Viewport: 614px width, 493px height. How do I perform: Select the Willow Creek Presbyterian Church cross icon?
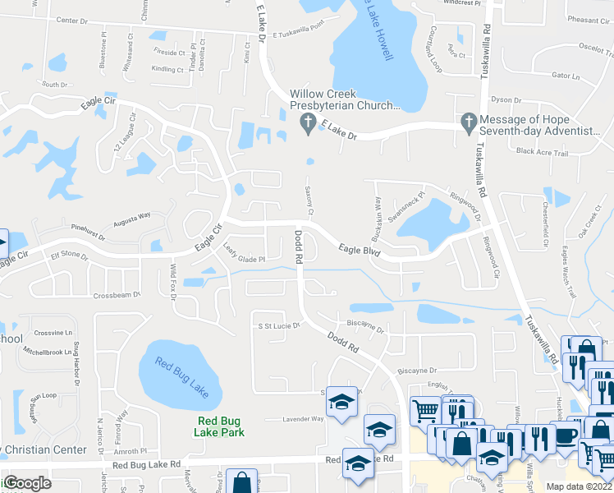click(x=307, y=123)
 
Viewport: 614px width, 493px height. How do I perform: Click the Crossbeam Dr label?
click(x=117, y=294)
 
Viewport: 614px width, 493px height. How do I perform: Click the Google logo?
click(x=27, y=483)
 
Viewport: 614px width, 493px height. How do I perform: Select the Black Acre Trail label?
click(x=542, y=152)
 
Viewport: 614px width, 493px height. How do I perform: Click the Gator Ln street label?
click(x=566, y=75)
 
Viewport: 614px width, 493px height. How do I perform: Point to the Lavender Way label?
click(x=303, y=419)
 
